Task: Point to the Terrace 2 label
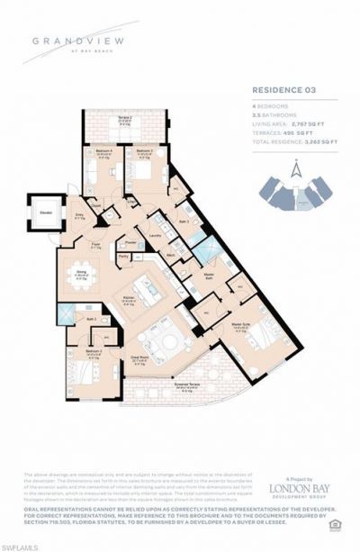(x=101, y=118)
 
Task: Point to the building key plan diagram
(x=294, y=194)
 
